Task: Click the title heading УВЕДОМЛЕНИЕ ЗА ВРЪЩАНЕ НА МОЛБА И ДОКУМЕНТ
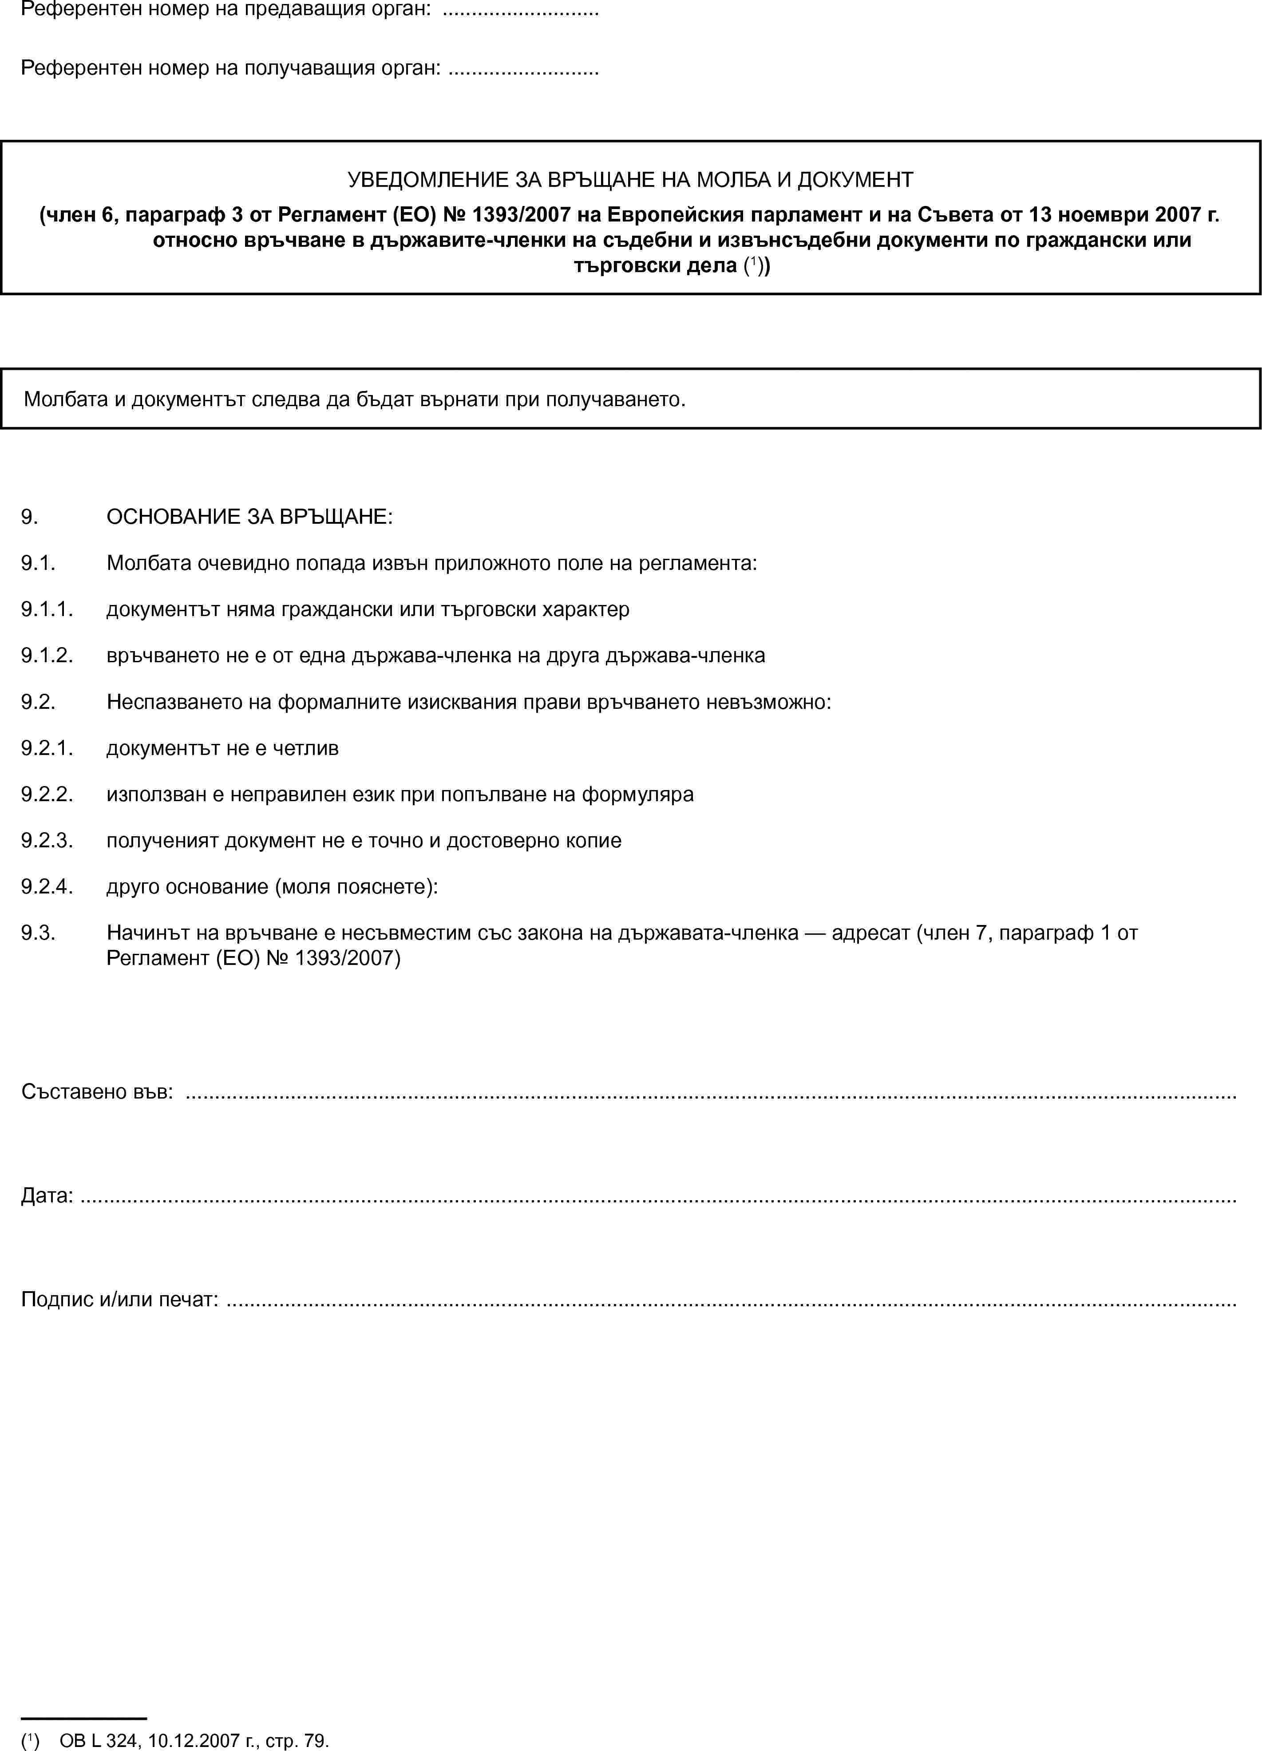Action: [x=630, y=180]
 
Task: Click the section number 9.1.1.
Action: [x=47, y=609]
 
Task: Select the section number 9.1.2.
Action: [x=47, y=656]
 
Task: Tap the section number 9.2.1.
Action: [x=47, y=748]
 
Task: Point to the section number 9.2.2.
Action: [x=47, y=794]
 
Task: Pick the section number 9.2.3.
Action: [x=47, y=841]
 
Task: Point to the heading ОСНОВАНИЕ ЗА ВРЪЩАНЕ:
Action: [x=249, y=517]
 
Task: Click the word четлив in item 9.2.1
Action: [x=305, y=748]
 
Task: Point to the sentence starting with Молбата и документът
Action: [x=355, y=399]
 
